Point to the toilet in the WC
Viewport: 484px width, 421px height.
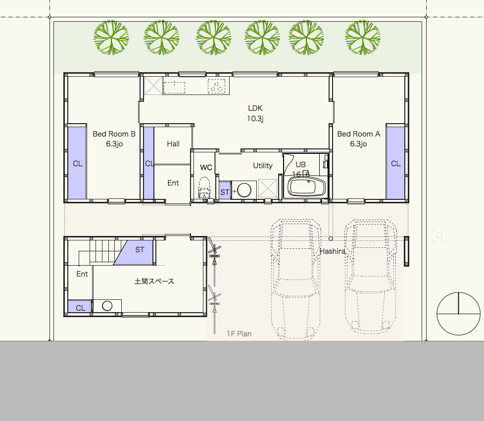coord(204,187)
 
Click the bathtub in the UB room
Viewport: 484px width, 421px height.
coord(306,187)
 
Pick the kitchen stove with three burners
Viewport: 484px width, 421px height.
coord(216,86)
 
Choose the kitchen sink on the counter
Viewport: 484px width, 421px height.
coord(174,88)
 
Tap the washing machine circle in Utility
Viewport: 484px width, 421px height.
coord(244,190)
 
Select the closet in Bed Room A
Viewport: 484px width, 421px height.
coord(395,163)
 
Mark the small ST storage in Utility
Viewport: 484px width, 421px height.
coord(225,190)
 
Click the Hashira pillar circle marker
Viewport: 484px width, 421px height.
coord(331,238)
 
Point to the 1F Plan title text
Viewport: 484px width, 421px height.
coord(239,333)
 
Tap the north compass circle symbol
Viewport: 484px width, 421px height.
coord(458,314)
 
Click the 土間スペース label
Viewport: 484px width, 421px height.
coord(154,281)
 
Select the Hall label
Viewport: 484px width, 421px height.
coord(173,143)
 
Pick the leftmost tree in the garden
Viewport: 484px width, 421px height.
coord(111,37)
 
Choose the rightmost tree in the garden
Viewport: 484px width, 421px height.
coord(363,37)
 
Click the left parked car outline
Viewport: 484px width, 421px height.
coord(296,280)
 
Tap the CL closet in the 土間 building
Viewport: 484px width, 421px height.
coord(80,307)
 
